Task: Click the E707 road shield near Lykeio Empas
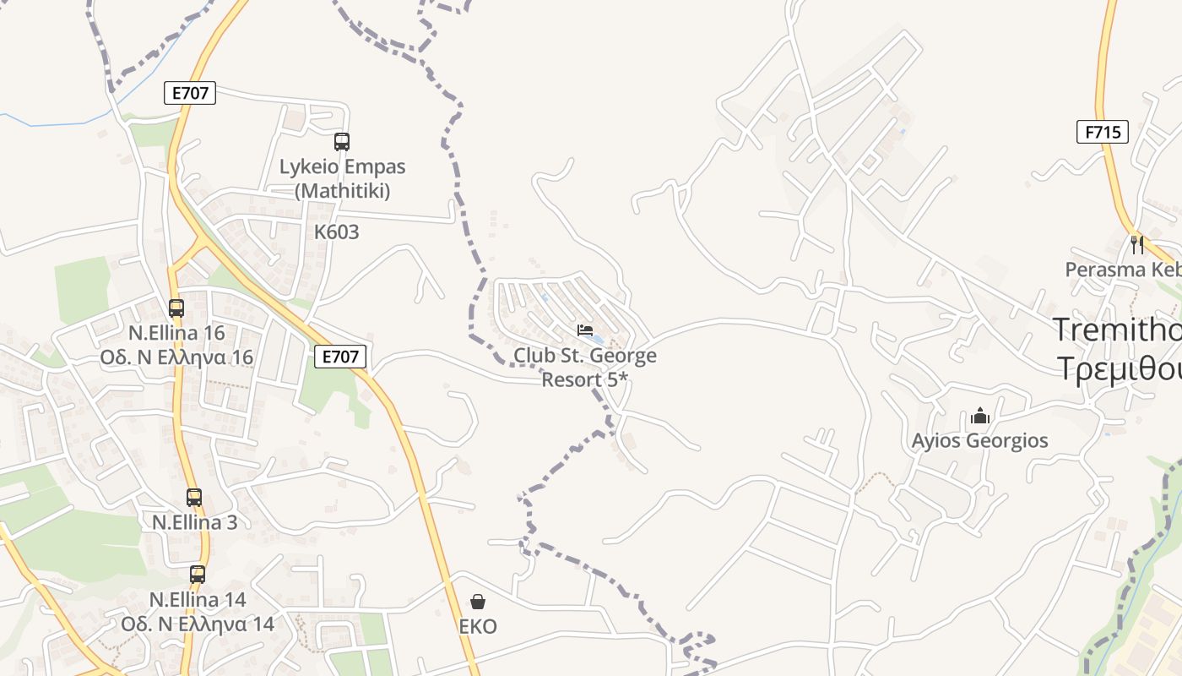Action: pos(190,93)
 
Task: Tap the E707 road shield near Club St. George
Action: pos(341,357)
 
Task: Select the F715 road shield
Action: pos(1103,132)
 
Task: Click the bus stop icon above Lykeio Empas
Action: pos(342,142)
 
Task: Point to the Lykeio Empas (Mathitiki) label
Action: pos(343,178)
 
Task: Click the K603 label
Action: pos(337,232)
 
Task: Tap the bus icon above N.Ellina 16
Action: pos(176,308)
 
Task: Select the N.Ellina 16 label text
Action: pos(176,345)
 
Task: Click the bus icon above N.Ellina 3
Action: pos(194,498)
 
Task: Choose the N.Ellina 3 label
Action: pos(194,522)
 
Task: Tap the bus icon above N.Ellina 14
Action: pos(198,575)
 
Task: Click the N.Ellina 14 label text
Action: pos(198,612)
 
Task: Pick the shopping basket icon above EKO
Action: pos(478,602)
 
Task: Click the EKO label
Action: pos(478,626)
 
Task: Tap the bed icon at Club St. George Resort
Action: pos(585,330)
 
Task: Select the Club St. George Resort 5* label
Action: pos(585,368)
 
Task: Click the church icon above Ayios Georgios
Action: pos(980,416)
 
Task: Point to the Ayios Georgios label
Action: pos(980,440)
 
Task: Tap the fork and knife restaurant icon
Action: pos(1137,245)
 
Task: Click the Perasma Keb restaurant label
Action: pos(1123,270)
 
